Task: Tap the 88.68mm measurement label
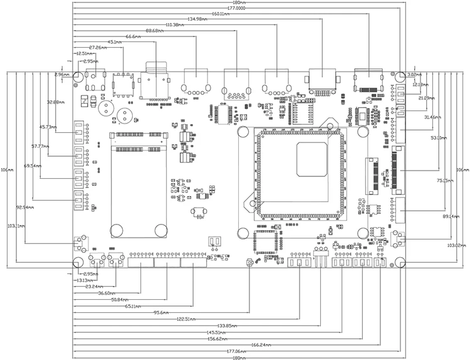pos(154,31)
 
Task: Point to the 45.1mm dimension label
pos(115,42)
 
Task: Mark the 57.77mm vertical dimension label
pos(41,146)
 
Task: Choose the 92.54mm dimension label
pos(25,206)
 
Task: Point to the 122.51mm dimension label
pos(187,319)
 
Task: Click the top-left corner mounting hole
pos(77,76)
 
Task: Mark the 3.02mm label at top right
pos(415,74)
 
